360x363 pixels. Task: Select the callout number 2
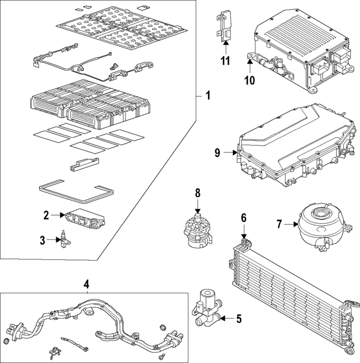47,214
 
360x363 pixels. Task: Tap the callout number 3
43,241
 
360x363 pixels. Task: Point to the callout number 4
87,285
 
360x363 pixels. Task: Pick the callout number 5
238,319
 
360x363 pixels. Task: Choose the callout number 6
244,218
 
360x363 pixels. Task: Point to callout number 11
225,61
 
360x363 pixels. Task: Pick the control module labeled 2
84,218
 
